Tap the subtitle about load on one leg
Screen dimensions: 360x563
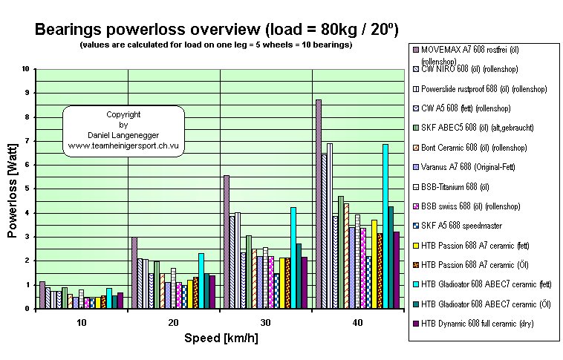point(216,46)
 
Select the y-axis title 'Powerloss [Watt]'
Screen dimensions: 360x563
point(13,189)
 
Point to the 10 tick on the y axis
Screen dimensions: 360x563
point(26,69)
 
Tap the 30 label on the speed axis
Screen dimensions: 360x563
point(266,322)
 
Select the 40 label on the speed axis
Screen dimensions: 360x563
point(358,322)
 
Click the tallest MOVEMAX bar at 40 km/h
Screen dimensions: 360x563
point(319,204)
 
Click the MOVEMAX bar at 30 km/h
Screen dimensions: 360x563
point(227,241)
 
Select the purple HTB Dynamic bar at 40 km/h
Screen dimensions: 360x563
point(397,269)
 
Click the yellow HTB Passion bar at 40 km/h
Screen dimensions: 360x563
point(374,264)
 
